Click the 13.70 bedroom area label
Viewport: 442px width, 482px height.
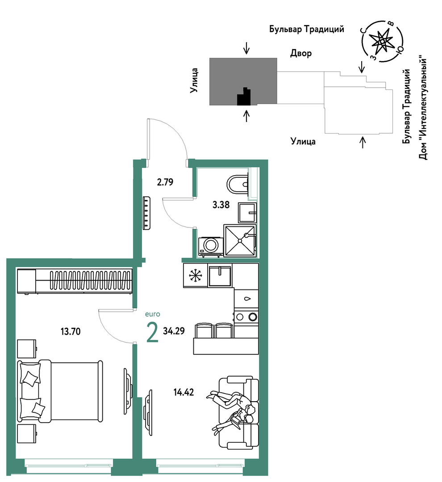click(x=71, y=331)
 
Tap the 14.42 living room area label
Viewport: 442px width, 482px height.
click(x=183, y=392)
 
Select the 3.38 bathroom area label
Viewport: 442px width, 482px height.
click(x=221, y=205)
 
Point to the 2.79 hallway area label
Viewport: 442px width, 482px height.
click(x=165, y=182)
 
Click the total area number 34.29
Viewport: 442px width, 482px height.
click(x=174, y=331)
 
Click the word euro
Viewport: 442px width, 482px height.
click(x=153, y=314)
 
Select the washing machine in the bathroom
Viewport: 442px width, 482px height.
click(x=211, y=247)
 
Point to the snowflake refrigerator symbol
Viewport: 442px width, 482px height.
click(x=195, y=275)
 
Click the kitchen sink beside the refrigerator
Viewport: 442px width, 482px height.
click(x=220, y=276)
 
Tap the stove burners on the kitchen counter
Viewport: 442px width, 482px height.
click(x=246, y=317)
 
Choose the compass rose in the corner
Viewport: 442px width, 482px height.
click(x=382, y=41)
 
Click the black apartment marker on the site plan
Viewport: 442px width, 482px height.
click(x=244, y=96)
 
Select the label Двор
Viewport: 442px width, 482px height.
click(x=301, y=53)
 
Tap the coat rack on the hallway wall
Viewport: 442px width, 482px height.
click(x=146, y=213)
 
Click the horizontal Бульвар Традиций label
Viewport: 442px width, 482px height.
click(x=307, y=29)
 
